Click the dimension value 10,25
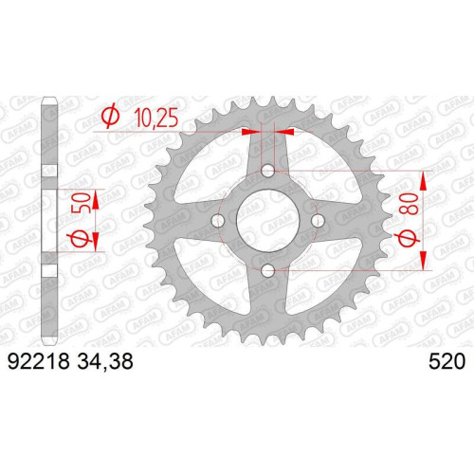coord(156,118)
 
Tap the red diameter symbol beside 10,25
coord(110,117)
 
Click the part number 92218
coord(38,361)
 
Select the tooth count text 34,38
coord(104,362)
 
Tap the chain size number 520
coord(447,361)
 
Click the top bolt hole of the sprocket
coord(268,171)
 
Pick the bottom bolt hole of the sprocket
coord(268,270)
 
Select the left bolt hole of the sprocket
coord(218,221)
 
